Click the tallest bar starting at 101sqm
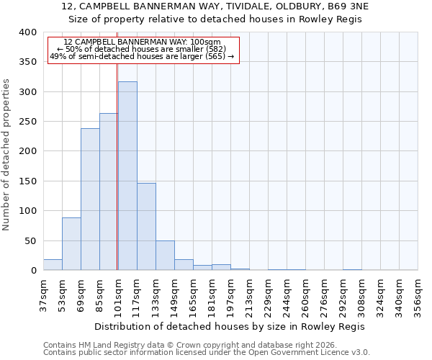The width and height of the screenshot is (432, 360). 127,176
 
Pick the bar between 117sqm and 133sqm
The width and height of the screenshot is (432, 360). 146,227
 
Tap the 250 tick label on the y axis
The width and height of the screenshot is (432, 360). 27,122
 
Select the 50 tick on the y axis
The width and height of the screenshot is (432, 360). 30,241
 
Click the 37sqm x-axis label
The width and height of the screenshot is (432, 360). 44,294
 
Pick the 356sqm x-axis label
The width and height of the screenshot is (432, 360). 418,294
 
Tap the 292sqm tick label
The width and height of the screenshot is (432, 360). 343,294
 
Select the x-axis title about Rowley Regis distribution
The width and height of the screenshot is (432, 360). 230,326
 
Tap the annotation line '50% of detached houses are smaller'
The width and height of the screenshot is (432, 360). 142,49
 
